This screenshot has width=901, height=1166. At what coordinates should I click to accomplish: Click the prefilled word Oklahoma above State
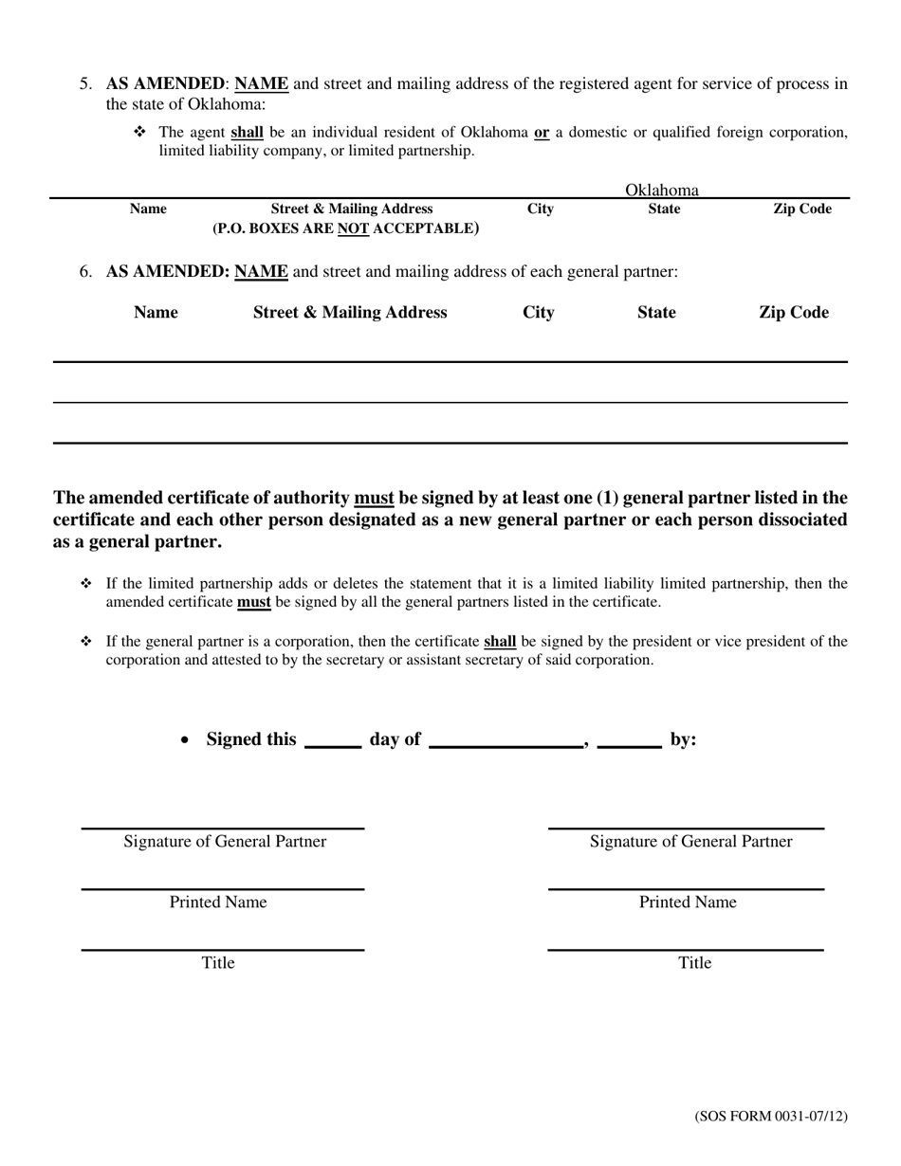(x=661, y=190)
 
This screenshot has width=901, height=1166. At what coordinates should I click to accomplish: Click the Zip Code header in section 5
(x=801, y=210)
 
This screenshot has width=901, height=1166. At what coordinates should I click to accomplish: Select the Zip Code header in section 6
(x=793, y=313)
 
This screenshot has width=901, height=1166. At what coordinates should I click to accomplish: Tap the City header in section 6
(x=539, y=313)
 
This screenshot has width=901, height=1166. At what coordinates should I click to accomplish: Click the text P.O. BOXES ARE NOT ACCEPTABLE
(x=346, y=228)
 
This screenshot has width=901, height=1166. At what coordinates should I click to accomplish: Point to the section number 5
(x=85, y=83)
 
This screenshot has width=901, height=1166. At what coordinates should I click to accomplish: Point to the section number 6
(x=85, y=272)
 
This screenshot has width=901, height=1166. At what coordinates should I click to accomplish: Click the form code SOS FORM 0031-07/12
(x=770, y=1116)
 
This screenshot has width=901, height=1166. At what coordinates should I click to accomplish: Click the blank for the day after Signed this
(x=332, y=741)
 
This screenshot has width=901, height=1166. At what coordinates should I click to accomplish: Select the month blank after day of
(x=506, y=741)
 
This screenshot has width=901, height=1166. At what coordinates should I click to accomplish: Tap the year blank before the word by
(x=629, y=741)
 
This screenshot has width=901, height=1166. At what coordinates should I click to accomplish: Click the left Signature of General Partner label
(x=225, y=842)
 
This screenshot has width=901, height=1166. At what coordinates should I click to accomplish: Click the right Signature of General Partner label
(x=690, y=842)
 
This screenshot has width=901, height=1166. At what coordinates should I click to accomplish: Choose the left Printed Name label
(x=218, y=902)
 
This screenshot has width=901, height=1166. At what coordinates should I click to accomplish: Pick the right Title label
(x=694, y=963)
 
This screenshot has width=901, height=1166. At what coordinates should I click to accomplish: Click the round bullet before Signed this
(x=186, y=741)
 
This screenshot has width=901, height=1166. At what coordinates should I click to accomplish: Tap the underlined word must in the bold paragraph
(x=374, y=499)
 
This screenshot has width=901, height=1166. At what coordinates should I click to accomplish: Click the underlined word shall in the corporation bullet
(x=500, y=642)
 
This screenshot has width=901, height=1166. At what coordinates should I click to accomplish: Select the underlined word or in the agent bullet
(x=542, y=133)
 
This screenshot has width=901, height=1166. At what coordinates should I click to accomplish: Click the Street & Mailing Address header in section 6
(x=350, y=313)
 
